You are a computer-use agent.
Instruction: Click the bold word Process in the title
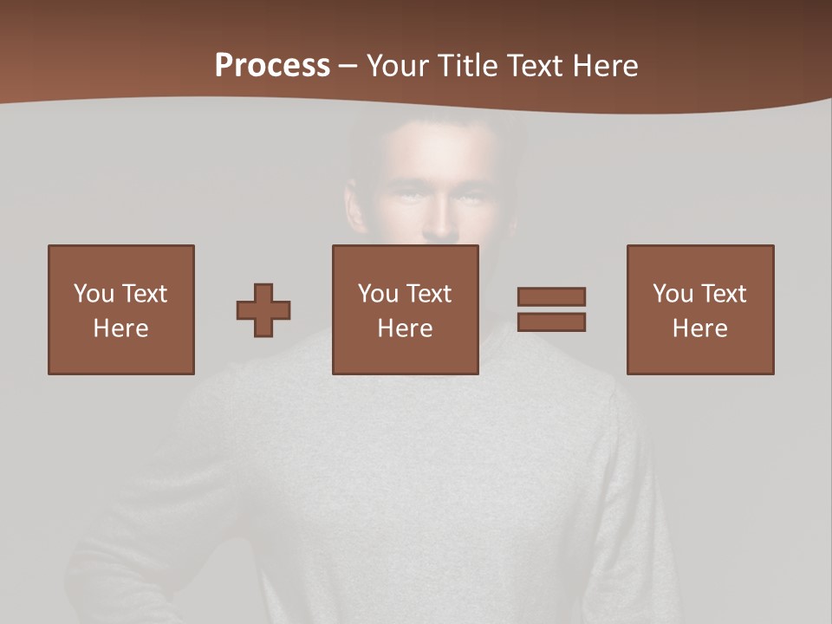pyautogui.click(x=272, y=66)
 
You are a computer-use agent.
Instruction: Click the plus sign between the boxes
pyautogui.click(x=263, y=309)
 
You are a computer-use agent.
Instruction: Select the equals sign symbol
pyautogui.click(x=551, y=309)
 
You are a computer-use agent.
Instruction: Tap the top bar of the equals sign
pyautogui.click(x=551, y=296)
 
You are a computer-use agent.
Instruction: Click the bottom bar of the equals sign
pyautogui.click(x=551, y=322)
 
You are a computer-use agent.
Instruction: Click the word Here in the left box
pyautogui.click(x=120, y=328)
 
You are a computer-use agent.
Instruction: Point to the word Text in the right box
pyautogui.click(x=723, y=294)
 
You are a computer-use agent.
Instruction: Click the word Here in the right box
pyautogui.click(x=699, y=328)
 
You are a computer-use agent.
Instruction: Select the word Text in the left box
pyautogui.click(x=144, y=294)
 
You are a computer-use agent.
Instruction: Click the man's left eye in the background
pyautogui.click(x=469, y=198)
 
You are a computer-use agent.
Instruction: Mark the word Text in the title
pyautogui.click(x=531, y=66)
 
